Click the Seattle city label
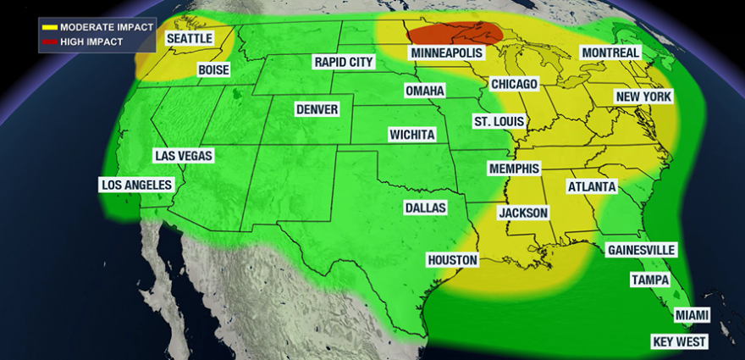(189, 39)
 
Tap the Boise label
(213, 70)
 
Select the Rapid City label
(342, 62)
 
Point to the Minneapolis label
(447, 53)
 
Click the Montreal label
(610, 53)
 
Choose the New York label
(643, 97)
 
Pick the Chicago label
(514, 85)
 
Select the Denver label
(317, 109)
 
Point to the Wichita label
(412, 135)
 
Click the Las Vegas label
(184, 156)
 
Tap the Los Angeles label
(136, 185)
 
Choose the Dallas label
(425, 208)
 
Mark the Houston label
(453, 260)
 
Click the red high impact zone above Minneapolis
(457, 33)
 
